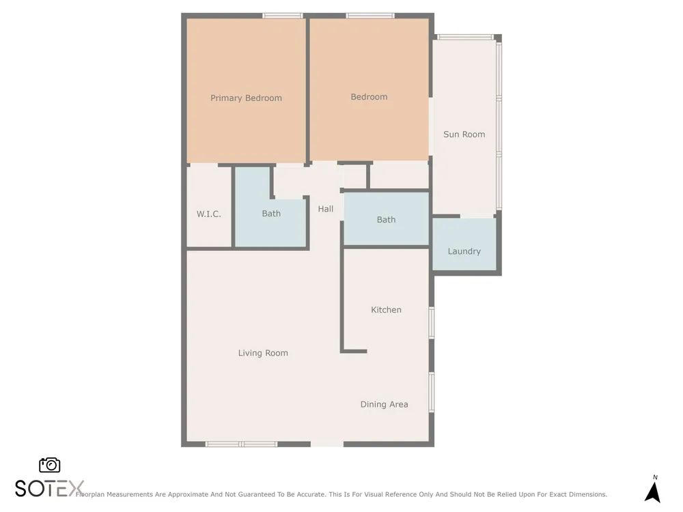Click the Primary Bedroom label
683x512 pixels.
tap(246, 98)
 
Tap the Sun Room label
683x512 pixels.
tap(464, 134)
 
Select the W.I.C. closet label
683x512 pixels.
tap(208, 214)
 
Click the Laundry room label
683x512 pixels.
tap(464, 251)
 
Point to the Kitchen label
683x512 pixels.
tap(386, 309)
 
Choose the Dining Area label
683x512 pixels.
tap(384, 404)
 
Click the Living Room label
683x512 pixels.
tap(263, 353)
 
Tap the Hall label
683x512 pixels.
tap(325, 209)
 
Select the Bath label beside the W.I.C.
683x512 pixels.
tap(271, 213)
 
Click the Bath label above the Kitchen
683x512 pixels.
tap(386, 220)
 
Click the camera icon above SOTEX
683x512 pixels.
tap(50, 465)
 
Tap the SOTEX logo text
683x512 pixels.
tap(49, 489)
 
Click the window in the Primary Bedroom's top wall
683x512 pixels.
tap(282, 16)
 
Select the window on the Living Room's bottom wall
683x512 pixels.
tap(241, 444)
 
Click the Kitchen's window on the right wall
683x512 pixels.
tap(432, 323)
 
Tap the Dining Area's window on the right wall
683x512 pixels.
tap(432, 393)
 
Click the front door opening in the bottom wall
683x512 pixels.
tap(327, 444)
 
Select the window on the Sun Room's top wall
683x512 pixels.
tap(465, 37)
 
